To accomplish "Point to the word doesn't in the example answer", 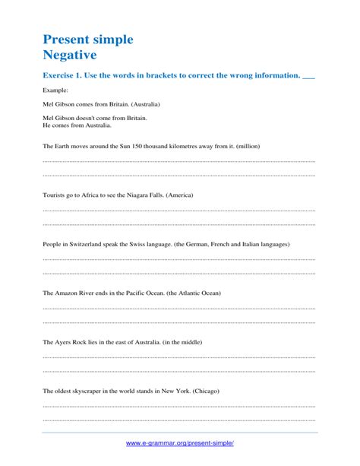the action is pyautogui.click(x=90, y=118).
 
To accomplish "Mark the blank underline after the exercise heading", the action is pyautogui.click(x=308, y=78).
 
